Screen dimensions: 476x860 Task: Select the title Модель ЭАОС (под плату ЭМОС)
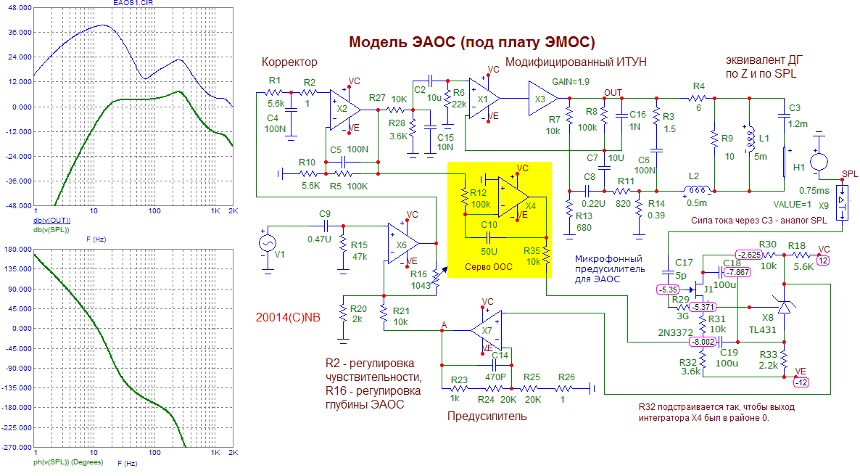click(472, 42)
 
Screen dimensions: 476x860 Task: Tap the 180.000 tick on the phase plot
click(16, 249)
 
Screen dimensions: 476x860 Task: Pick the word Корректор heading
click(289, 62)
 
